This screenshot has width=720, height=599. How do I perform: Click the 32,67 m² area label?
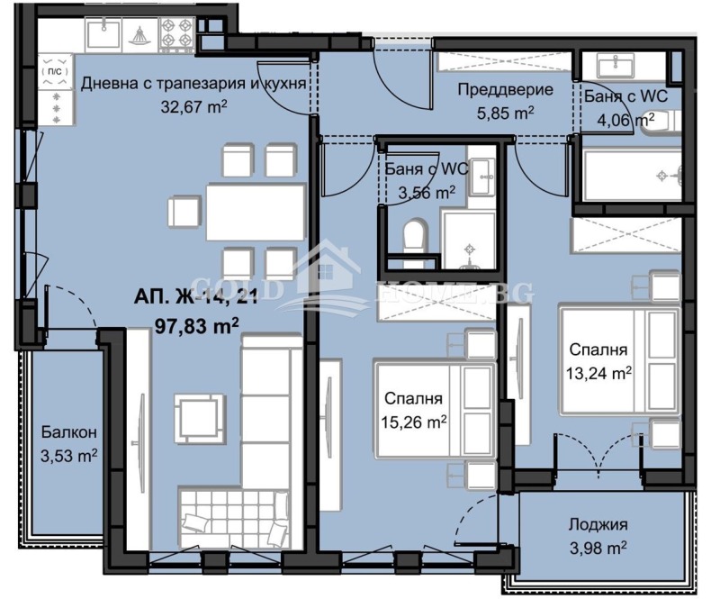coord(192,105)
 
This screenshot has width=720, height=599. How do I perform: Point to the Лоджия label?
coord(598,525)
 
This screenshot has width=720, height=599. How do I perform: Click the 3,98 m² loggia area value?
coord(598,547)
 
